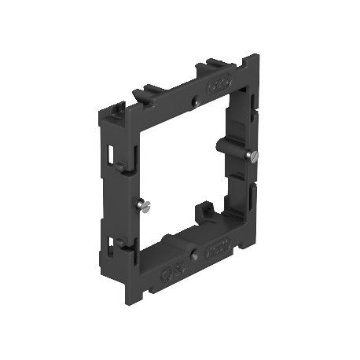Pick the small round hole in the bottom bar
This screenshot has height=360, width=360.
(x=193, y=255)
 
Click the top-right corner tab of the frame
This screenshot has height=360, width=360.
(x=252, y=63)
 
